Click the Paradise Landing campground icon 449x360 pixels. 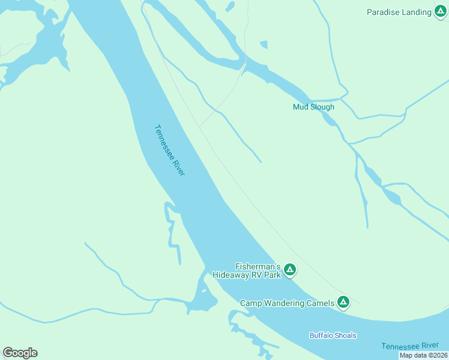click(x=441, y=12)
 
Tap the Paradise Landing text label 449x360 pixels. click(x=399, y=12)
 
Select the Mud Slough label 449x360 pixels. click(x=313, y=107)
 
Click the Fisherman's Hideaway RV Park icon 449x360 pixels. click(x=289, y=270)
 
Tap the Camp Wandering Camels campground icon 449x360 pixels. click(x=343, y=302)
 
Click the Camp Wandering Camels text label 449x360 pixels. click(x=287, y=303)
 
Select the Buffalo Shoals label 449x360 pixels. click(x=333, y=335)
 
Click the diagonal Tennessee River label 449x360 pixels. click(x=169, y=150)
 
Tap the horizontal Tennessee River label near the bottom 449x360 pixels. click(x=410, y=346)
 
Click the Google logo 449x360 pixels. click(x=20, y=353)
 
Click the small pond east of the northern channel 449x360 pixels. click(x=263, y=44)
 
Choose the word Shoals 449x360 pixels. click(x=346, y=335)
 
